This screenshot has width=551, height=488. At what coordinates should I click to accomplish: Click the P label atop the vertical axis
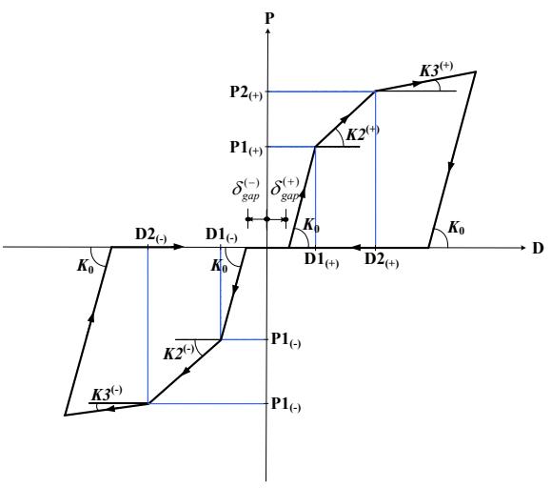tap(269, 18)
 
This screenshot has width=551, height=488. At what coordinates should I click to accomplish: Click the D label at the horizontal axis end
tap(538, 248)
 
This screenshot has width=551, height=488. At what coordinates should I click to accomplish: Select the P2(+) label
tap(246, 92)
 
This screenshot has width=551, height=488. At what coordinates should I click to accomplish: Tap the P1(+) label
tap(246, 148)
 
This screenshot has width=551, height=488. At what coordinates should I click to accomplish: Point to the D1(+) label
tap(322, 260)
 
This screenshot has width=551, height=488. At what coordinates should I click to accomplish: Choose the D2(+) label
tap(382, 260)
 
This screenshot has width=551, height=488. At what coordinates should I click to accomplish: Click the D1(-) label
tap(222, 235)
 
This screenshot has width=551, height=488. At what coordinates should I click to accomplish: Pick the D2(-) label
tap(150, 235)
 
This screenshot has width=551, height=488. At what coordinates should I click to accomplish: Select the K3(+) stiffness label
tap(437, 70)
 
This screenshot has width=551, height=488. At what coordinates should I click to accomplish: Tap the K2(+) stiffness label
tap(363, 133)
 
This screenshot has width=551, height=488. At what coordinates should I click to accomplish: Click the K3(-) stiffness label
tap(107, 394)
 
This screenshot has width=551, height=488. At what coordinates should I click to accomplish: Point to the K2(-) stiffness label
tap(179, 353)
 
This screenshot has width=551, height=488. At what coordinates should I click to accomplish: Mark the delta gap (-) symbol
tap(246, 190)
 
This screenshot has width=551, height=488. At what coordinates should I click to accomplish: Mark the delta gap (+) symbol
tap(285, 190)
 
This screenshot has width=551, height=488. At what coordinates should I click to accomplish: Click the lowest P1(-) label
tap(285, 405)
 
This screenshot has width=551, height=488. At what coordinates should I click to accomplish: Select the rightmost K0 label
tap(456, 228)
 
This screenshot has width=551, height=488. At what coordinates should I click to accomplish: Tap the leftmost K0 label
tap(86, 266)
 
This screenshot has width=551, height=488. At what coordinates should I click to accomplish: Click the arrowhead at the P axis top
tap(268, 30)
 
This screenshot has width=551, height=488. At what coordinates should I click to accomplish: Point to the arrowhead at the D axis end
tap(522, 248)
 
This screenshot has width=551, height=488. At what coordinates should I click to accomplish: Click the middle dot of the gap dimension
tap(266, 219)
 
